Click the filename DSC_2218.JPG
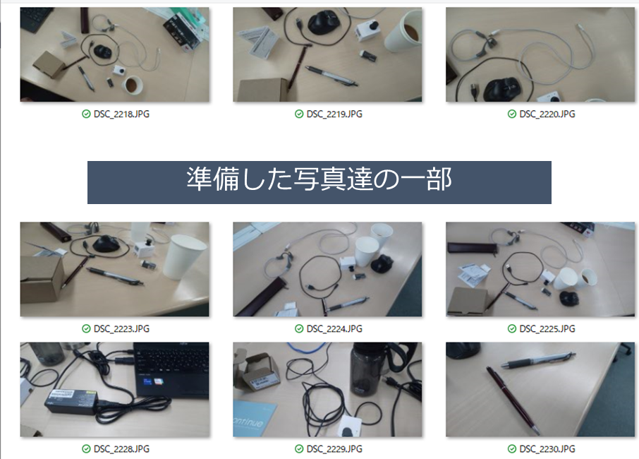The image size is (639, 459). (x=121, y=114)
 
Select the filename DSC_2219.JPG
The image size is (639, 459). (x=334, y=114)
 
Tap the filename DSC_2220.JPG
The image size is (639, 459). (x=547, y=114)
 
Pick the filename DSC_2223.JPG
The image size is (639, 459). (x=121, y=328)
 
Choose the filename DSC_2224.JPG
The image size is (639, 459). (x=334, y=328)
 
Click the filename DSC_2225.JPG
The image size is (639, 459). (x=547, y=328)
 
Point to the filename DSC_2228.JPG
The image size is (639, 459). (x=121, y=449)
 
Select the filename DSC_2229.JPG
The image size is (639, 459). (x=334, y=449)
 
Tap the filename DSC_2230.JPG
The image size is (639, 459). (x=547, y=449)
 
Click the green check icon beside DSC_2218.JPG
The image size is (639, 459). (x=86, y=114)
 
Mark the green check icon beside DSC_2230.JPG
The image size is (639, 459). (x=512, y=449)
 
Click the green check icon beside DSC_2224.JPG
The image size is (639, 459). (x=299, y=328)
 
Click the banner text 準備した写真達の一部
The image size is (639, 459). (x=319, y=179)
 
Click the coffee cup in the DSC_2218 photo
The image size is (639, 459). (x=133, y=85)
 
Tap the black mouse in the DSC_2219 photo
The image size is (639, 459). (x=324, y=23)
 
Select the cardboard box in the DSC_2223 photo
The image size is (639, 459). (x=42, y=280)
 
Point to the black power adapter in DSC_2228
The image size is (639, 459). (x=72, y=402)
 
